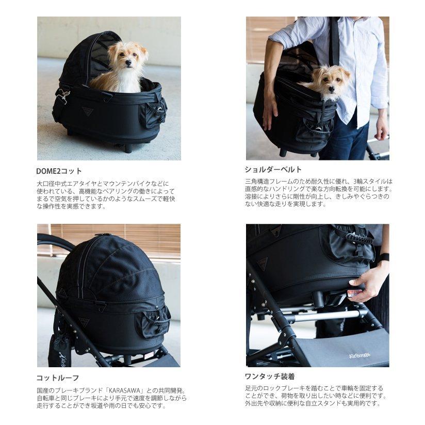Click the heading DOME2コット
[59, 171]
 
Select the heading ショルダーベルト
[273, 169]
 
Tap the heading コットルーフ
[58, 378]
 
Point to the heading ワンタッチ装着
[270, 376]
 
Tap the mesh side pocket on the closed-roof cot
[154, 321]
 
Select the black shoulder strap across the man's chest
[335, 41]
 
